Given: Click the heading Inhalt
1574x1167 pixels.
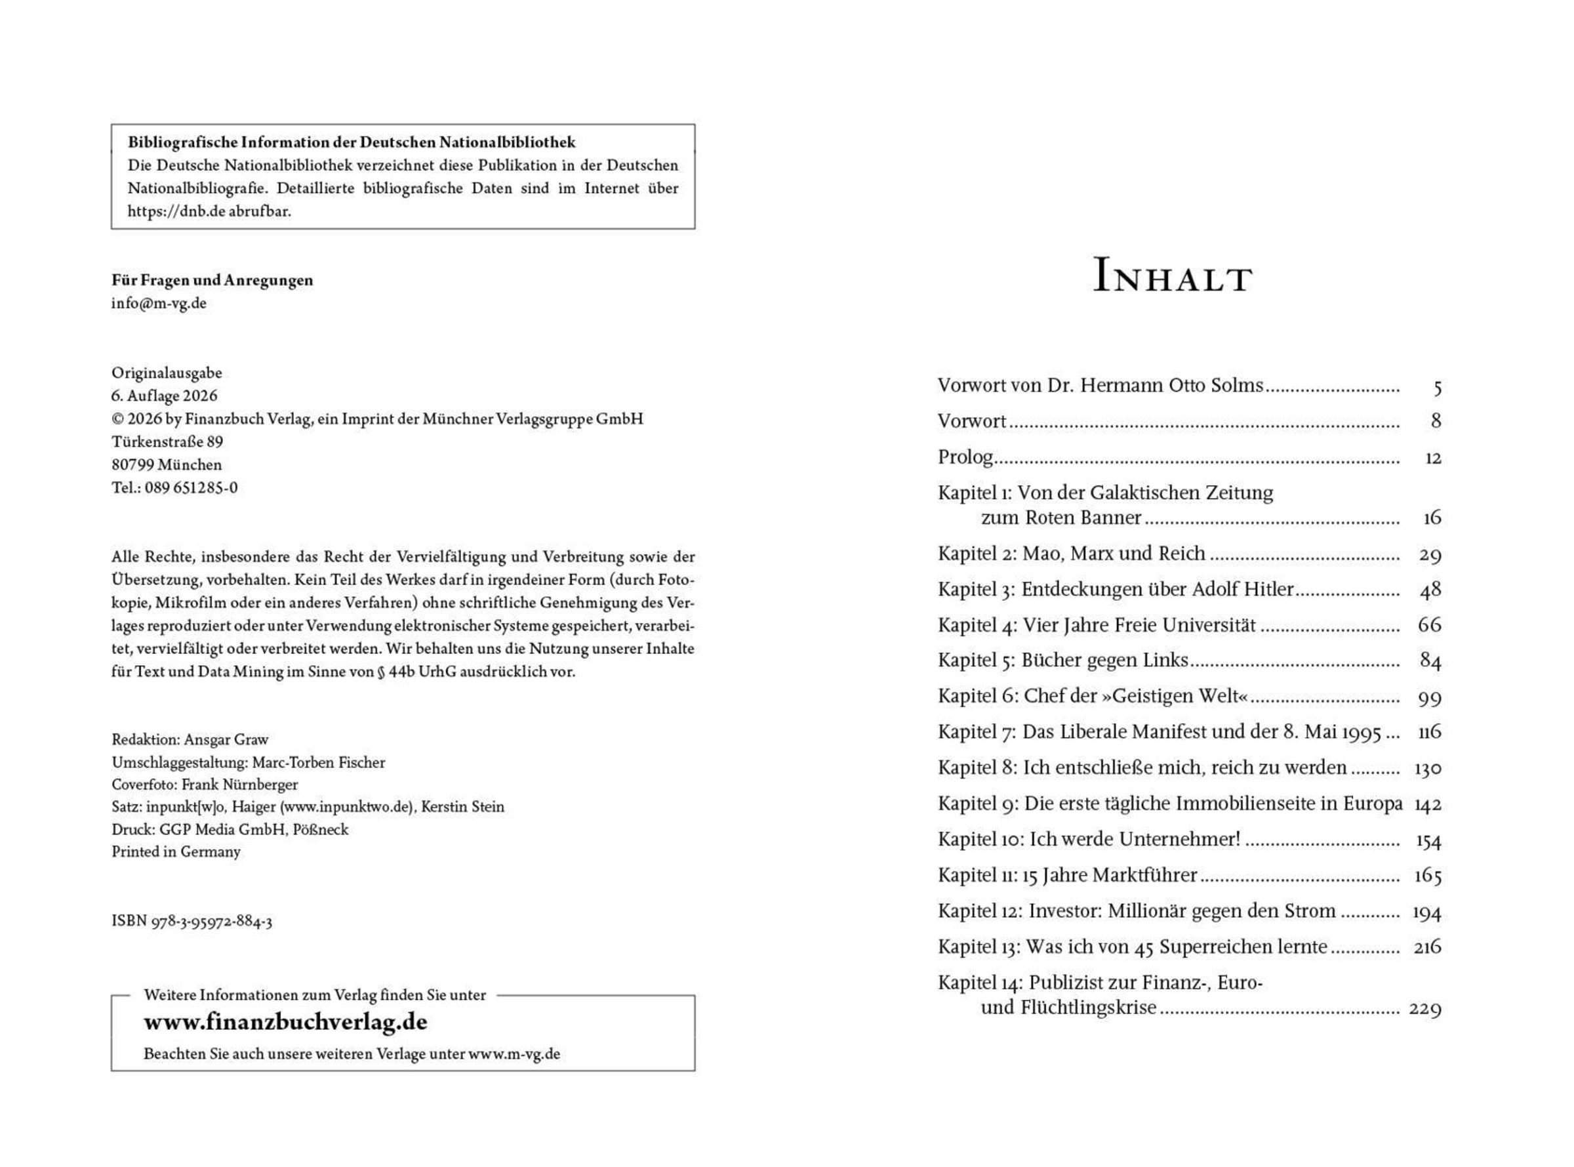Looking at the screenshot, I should tap(1171, 276).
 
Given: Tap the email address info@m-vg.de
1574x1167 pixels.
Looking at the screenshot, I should tap(159, 303).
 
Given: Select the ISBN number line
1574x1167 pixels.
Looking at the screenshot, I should tap(192, 921).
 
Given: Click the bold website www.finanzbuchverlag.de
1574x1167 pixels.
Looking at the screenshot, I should tap(285, 1022).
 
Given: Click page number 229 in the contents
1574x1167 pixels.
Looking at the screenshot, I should tap(1424, 1009).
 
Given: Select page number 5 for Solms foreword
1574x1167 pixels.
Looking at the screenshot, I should tap(1437, 387).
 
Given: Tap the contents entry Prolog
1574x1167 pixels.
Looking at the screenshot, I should tap(965, 457).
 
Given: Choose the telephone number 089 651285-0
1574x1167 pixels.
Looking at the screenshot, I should tap(192, 488).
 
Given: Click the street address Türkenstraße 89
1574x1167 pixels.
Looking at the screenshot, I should tap(167, 442).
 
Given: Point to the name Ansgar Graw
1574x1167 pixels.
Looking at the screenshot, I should tap(226, 739).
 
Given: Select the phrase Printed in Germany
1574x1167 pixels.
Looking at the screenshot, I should tap(176, 852).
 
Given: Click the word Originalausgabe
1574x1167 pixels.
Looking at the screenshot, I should tap(167, 373).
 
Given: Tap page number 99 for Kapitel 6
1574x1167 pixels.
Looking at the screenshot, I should tap(1429, 697).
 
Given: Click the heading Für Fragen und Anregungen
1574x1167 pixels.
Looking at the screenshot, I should tap(212, 281).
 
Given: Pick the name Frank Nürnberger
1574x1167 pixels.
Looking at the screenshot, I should tap(239, 785).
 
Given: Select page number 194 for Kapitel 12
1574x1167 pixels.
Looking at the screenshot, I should tap(1426, 912).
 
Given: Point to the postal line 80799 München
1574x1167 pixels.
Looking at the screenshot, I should tap(167, 465).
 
